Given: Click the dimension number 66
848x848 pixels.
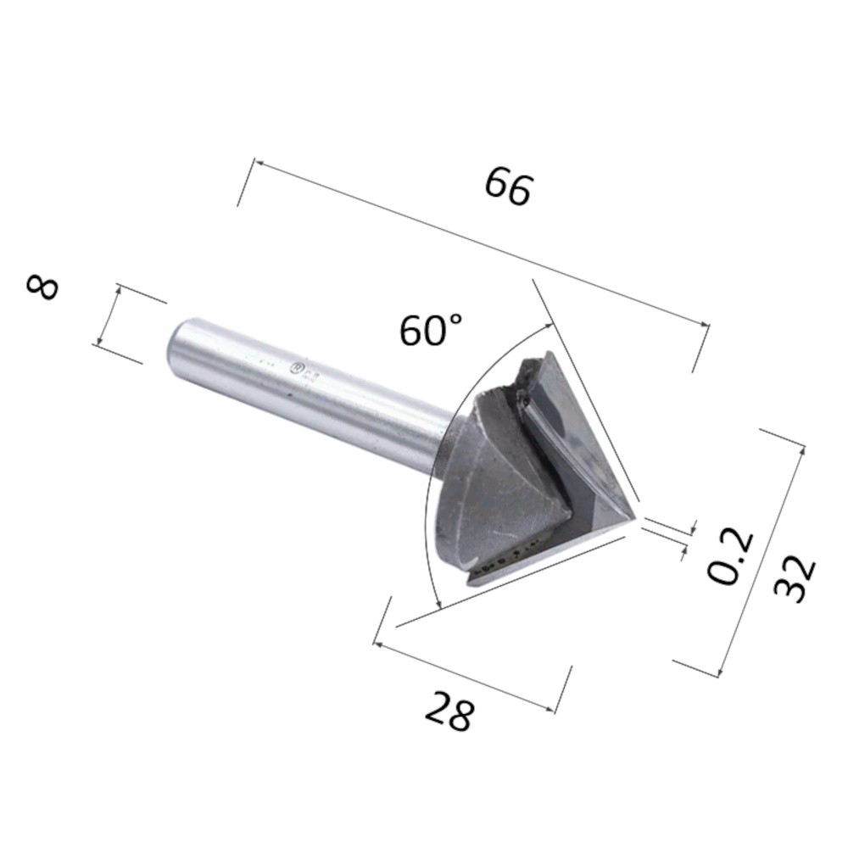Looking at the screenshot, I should coord(508,186).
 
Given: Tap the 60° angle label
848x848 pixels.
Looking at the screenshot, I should coord(432,329).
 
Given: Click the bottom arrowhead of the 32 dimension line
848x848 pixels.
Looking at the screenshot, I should coord(720,675).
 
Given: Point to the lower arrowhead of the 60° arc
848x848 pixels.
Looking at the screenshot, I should coord(440,605).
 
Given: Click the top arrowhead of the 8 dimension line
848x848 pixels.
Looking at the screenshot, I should coord(120,289).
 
